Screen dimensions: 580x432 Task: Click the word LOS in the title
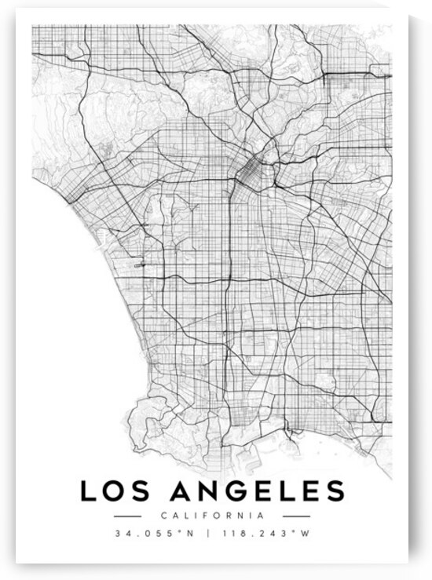click(x=113, y=491)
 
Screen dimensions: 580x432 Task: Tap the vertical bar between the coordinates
click(x=214, y=534)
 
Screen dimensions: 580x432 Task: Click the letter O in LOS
click(x=114, y=491)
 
